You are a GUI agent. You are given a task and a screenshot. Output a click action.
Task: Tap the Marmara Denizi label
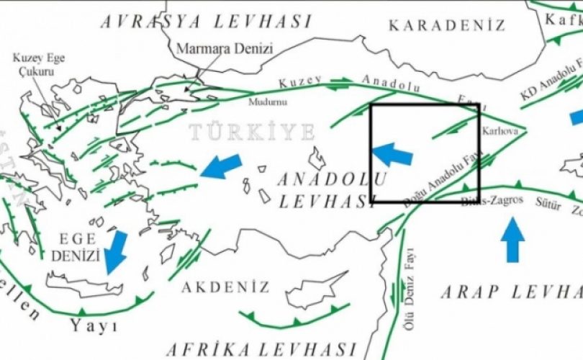point(214,49)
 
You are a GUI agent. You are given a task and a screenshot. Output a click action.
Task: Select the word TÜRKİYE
point(253,132)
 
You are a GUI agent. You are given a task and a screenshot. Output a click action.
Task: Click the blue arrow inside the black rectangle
point(392,154)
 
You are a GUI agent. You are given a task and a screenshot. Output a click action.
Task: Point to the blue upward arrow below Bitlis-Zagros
point(512,240)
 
